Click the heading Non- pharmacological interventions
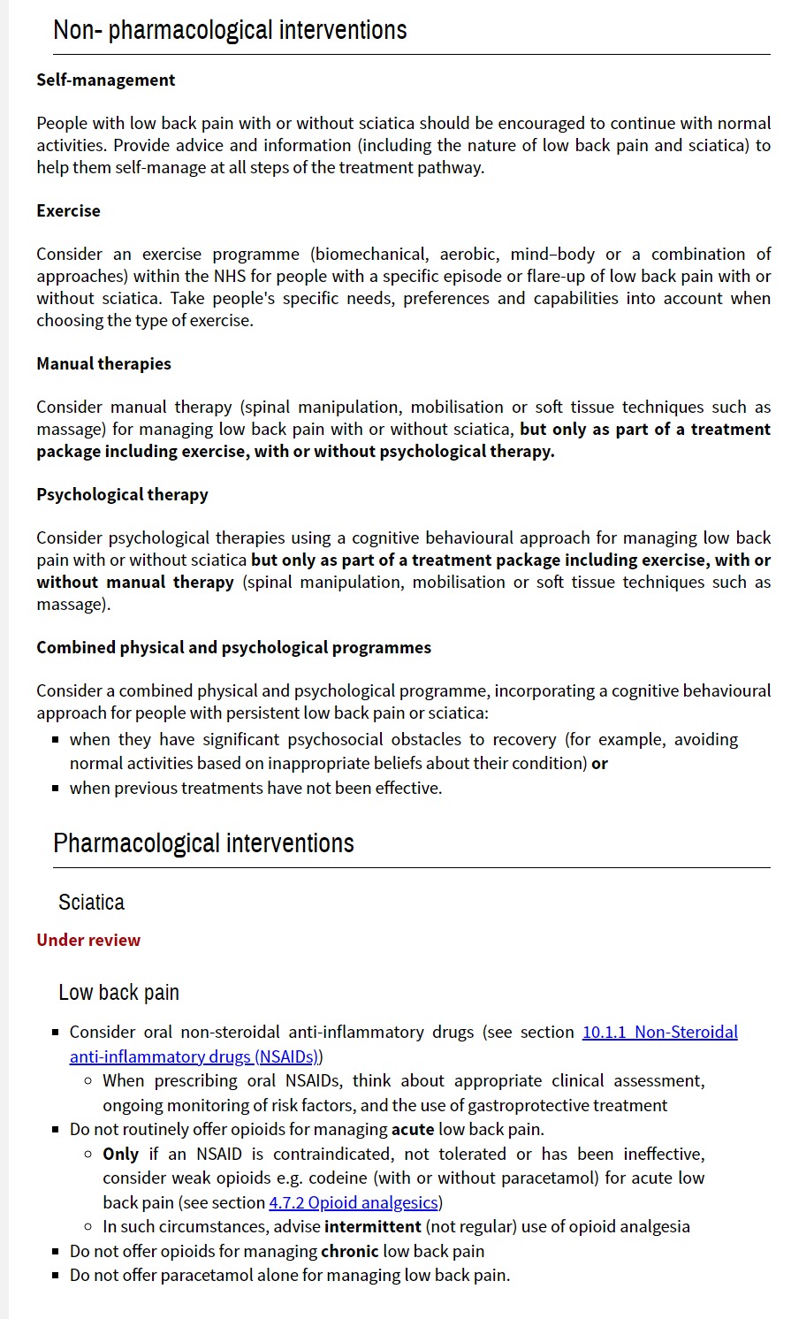(230, 30)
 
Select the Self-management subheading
(106, 80)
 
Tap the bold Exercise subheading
(68, 210)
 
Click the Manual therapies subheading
(103, 363)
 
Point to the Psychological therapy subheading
(122, 494)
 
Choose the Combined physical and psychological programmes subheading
(233, 647)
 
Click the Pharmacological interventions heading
(203, 843)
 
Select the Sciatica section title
(91, 903)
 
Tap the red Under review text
(88, 940)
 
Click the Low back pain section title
(118, 993)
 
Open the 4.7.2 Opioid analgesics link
(354, 1202)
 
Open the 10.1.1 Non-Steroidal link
(659, 1032)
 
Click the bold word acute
(413, 1129)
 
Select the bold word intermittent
(372, 1226)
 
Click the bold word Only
(121, 1154)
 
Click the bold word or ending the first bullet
(599, 763)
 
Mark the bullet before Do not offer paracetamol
(56, 1275)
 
